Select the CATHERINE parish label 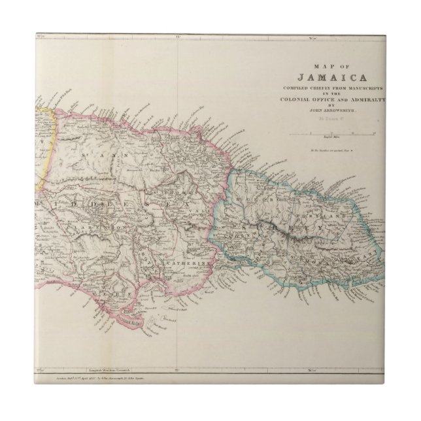point(188,263)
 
